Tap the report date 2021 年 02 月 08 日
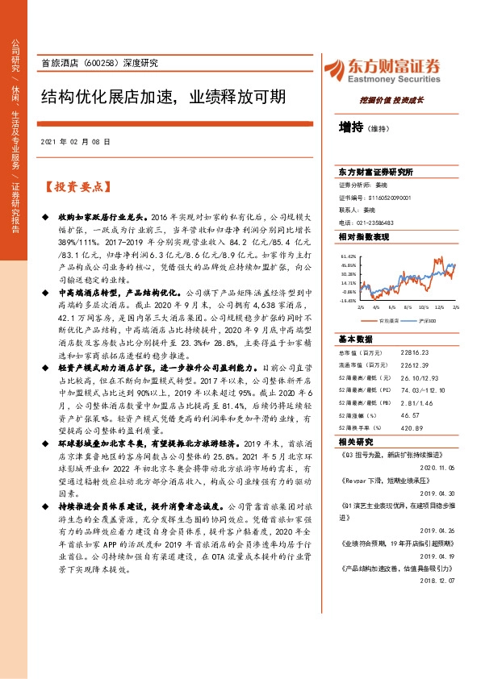pos(74,141)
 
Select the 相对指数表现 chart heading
pos(363,237)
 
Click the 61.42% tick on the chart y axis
pos(349,255)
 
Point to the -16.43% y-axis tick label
pos(348,300)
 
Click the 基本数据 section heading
pos(356,339)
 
